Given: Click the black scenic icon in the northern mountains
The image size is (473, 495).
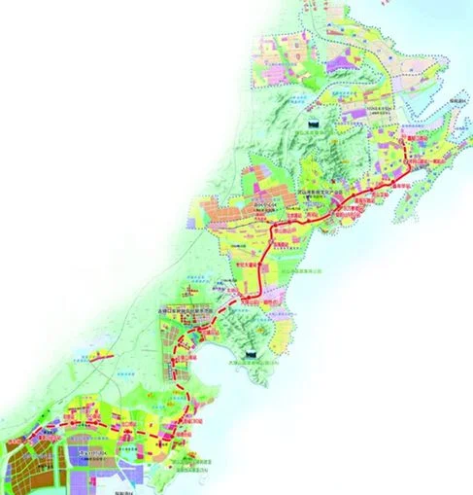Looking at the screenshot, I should click(x=312, y=124).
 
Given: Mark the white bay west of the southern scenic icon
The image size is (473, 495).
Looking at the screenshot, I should click(x=219, y=365).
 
